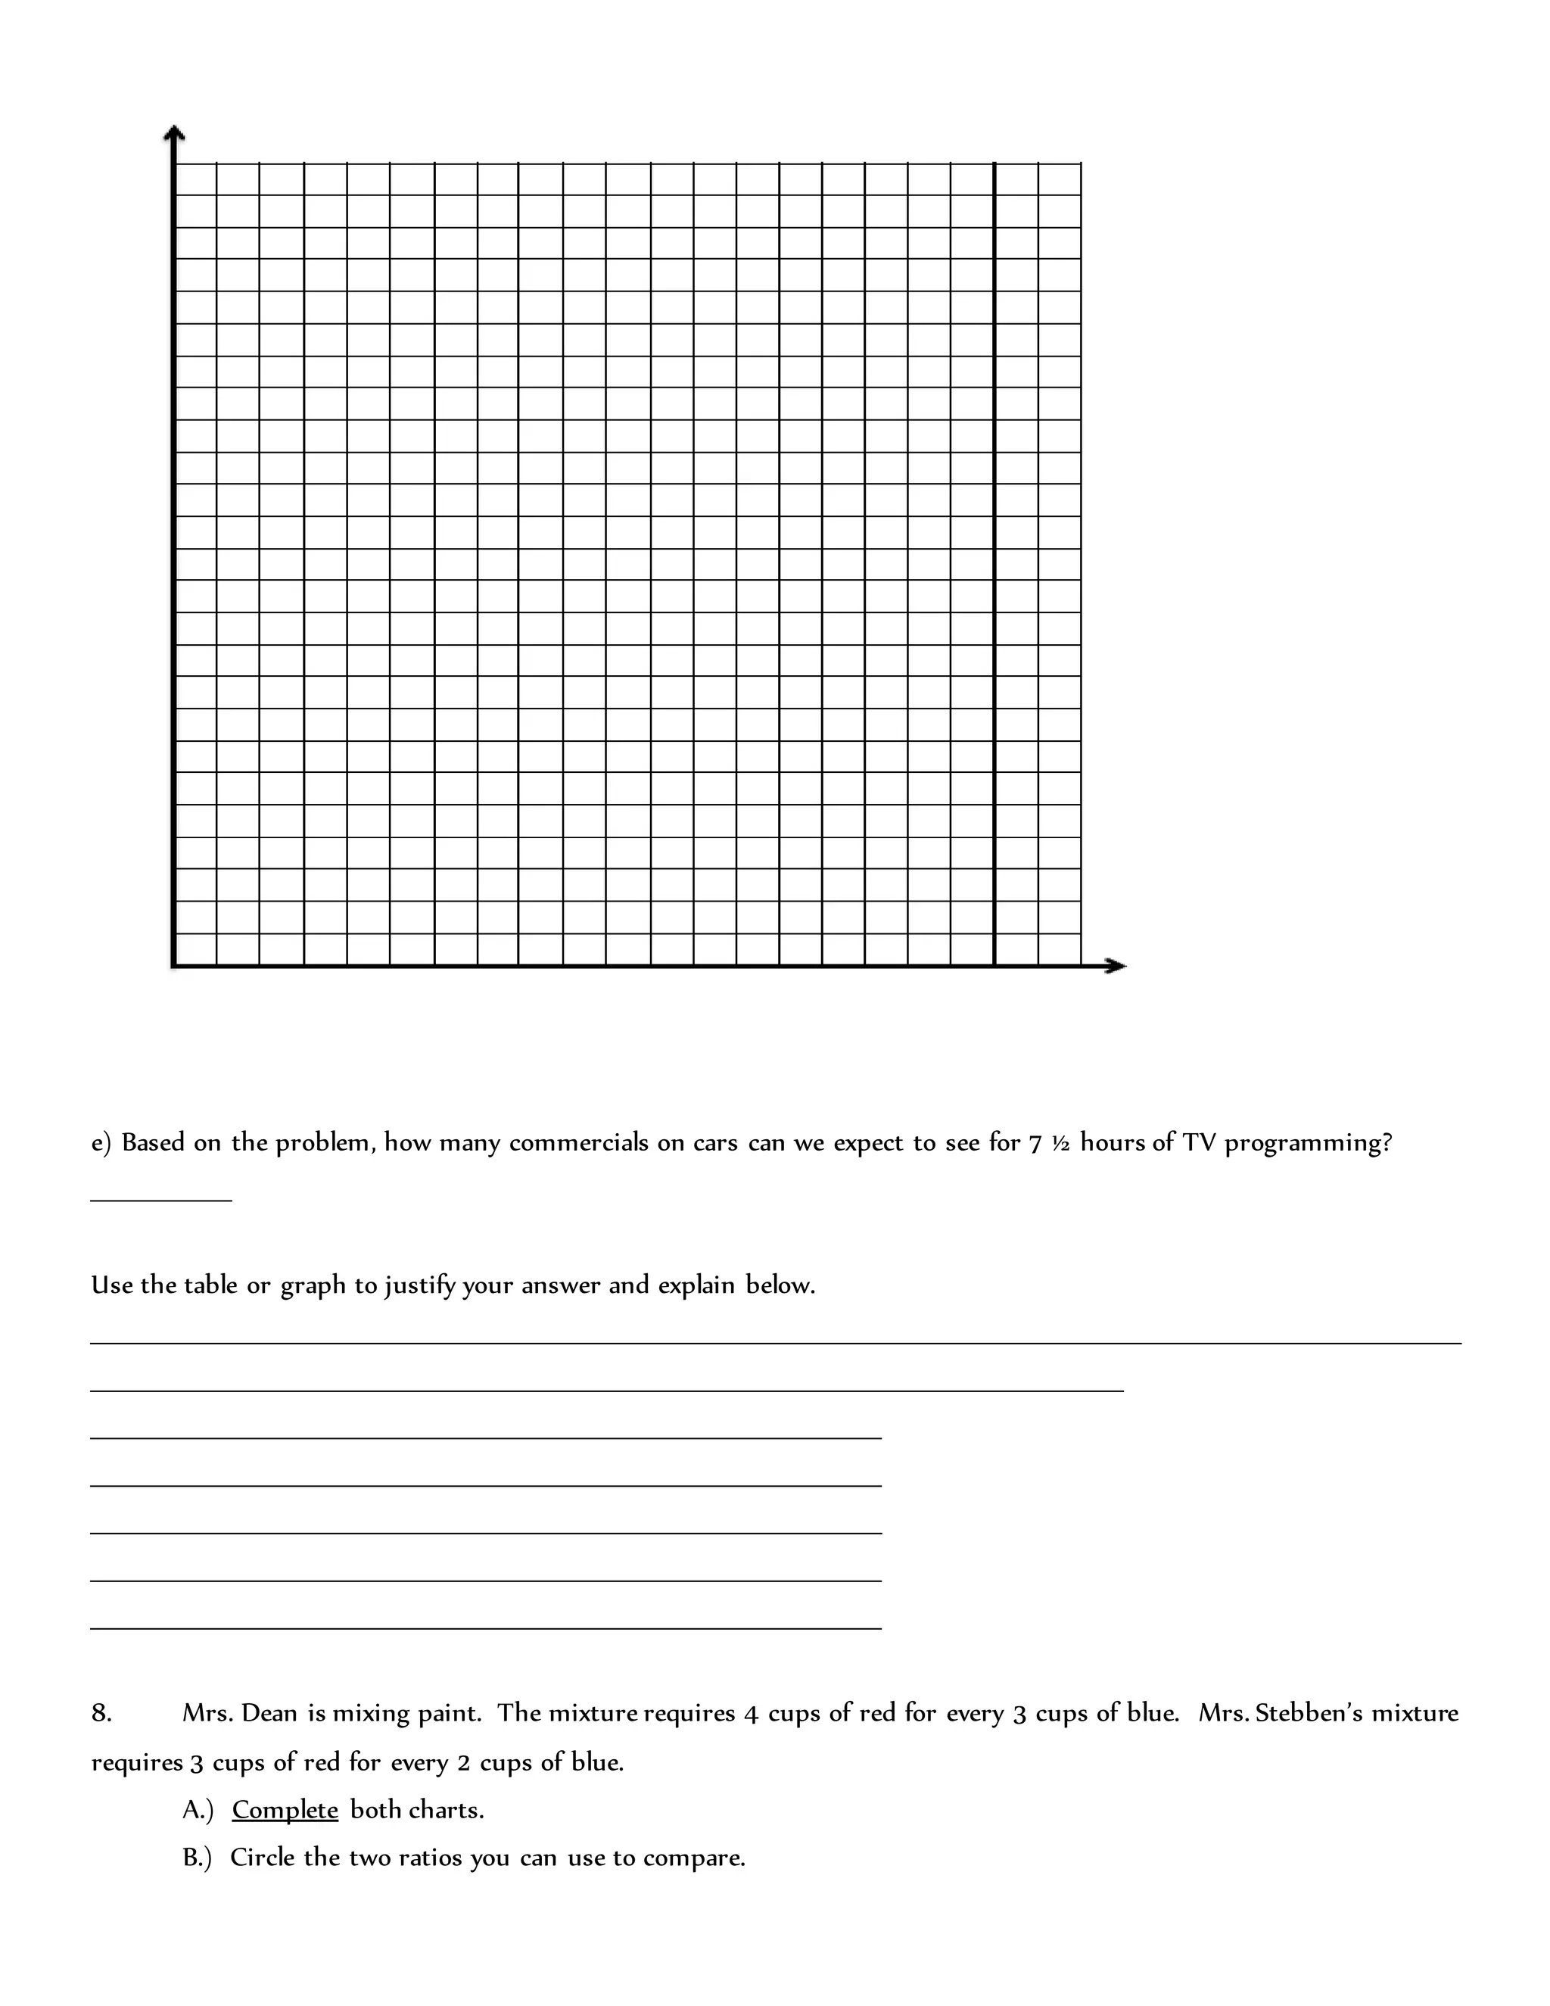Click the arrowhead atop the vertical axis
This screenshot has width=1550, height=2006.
click(173, 133)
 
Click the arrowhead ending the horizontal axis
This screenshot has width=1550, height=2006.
click(1115, 965)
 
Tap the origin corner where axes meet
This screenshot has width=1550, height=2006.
click(173, 965)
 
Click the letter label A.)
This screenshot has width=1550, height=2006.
click(198, 1811)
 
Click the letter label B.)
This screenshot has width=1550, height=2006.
click(197, 1858)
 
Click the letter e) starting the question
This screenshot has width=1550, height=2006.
click(101, 1144)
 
